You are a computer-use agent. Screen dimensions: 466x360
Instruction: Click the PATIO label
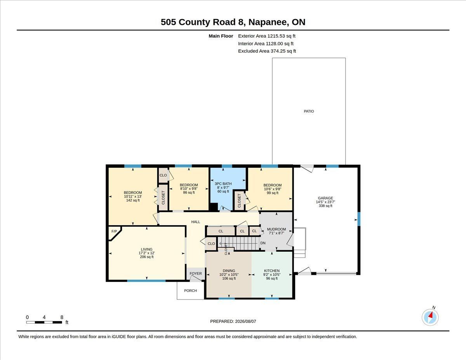click(x=309, y=111)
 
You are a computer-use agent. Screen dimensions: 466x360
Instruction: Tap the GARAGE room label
click(x=325, y=198)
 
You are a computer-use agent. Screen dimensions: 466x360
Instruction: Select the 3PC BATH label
click(x=223, y=184)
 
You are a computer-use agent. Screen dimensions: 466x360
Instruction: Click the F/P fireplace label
click(x=114, y=231)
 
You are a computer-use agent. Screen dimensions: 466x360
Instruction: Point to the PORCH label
click(x=190, y=291)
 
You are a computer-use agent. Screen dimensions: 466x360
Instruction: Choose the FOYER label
click(x=196, y=273)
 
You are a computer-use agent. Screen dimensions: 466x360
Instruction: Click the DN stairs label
click(x=263, y=243)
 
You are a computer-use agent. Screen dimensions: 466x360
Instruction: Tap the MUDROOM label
click(x=276, y=229)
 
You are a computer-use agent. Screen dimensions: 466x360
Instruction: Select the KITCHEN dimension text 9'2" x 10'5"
click(x=272, y=275)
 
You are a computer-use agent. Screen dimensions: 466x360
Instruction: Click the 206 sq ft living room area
click(x=147, y=257)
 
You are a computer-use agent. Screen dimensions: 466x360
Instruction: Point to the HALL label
click(x=196, y=222)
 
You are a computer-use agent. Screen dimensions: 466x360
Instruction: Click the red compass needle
click(x=431, y=315)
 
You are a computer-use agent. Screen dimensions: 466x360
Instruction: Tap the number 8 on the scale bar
click(x=62, y=317)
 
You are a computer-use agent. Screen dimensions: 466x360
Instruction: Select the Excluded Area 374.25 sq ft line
click(x=267, y=51)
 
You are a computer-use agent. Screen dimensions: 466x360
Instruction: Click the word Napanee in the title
click(x=268, y=22)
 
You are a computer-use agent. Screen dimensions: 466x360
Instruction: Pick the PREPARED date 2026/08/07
click(x=245, y=322)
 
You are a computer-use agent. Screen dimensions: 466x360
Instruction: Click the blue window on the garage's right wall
click(x=359, y=219)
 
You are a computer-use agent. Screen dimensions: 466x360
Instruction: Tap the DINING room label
click(x=229, y=271)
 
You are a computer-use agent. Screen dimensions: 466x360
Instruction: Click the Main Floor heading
click(x=221, y=36)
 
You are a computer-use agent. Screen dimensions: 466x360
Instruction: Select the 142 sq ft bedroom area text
click(x=133, y=200)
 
